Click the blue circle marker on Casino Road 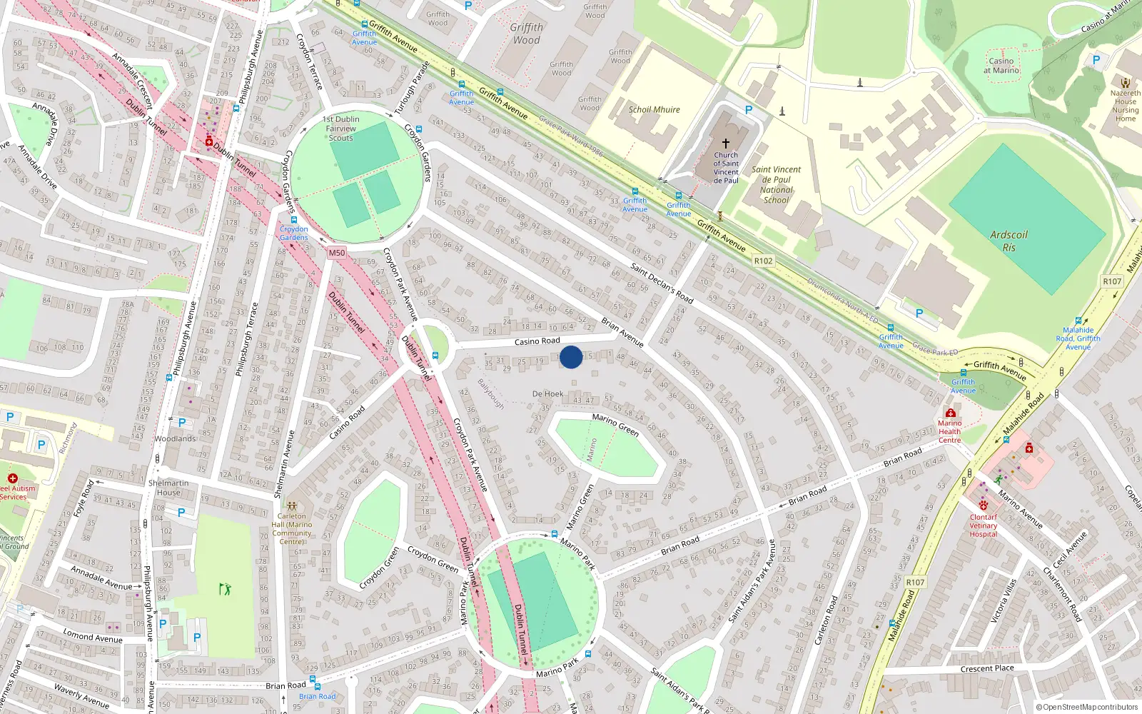pos(570,357)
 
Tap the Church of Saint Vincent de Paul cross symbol pos(726,144)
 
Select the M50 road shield pos(337,253)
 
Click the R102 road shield pos(763,261)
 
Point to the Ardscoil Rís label pos(1009,241)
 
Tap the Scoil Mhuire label pos(654,110)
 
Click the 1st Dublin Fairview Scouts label pos(341,129)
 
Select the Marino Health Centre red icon pos(950,413)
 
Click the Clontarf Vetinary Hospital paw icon pos(984,506)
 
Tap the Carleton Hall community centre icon pos(292,506)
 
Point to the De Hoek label pos(547,394)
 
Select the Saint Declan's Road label pos(662,283)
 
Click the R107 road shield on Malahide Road pos(915,583)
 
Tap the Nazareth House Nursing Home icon pos(1126,83)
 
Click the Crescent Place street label pos(987,669)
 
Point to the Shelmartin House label pos(168,488)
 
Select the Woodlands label pos(176,438)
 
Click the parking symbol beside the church pos(749,110)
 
